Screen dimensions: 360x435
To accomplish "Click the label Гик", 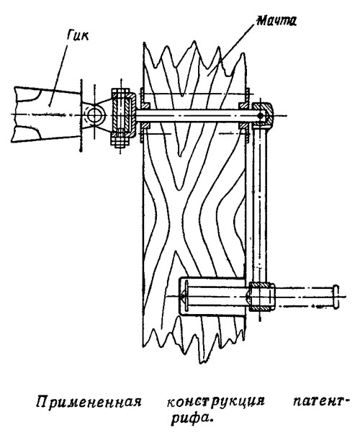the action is coord(78,35).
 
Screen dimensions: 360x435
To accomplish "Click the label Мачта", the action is coord(276,20).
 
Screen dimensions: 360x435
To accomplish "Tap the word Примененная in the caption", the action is coord(89,401).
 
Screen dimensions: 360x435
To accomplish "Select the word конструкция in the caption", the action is coord(216,401).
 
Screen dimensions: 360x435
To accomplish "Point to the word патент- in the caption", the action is coord(320,401).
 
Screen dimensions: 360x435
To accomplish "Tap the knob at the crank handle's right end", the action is coord(336,296).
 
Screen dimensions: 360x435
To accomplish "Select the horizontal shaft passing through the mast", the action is coord(194,115).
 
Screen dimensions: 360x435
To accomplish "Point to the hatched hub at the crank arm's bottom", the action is coord(261,296).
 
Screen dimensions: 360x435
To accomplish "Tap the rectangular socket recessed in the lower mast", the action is coord(212,296).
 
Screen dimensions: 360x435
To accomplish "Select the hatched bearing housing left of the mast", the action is coord(123,114).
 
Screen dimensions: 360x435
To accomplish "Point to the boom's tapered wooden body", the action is coord(47,115).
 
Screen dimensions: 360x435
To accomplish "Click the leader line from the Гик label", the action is coord(58,74).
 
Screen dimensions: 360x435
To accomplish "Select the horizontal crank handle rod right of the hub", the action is coord(304,296).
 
